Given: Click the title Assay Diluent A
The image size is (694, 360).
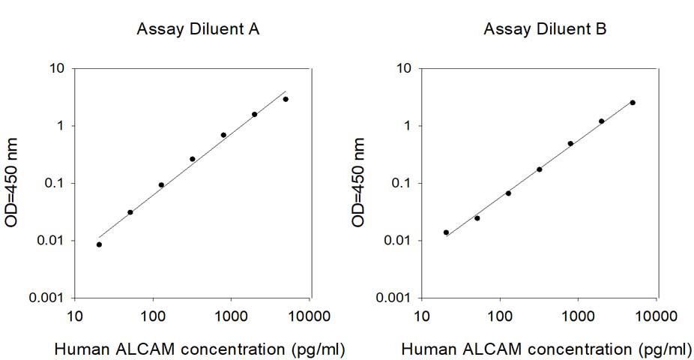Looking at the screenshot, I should pyautogui.click(x=198, y=30).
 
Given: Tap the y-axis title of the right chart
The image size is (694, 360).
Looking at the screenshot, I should pyautogui.click(x=358, y=182).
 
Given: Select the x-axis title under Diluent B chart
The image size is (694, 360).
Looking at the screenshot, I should pyautogui.click(x=547, y=349).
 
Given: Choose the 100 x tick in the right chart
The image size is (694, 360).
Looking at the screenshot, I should pyautogui.click(x=500, y=316).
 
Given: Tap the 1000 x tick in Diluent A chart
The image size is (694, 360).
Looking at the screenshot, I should pyautogui.click(x=231, y=316).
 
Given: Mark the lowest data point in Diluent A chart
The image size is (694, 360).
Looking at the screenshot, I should pyautogui.click(x=99, y=244).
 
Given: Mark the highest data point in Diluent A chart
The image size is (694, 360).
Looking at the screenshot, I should pyautogui.click(x=286, y=99).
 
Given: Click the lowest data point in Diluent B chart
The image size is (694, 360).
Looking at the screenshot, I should pyautogui.click(x=446, y=232).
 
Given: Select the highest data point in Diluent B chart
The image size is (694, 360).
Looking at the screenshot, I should pyautogui.click(x=633, y=103).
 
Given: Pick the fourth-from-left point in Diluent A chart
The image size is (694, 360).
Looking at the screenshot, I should pyautogui.click(x=193, y=159).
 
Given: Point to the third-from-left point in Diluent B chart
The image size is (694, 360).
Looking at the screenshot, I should pyautogui.click(x=508, y=193).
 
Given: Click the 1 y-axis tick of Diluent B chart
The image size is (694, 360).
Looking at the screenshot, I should pyautogui.click(x=408, y=126).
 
